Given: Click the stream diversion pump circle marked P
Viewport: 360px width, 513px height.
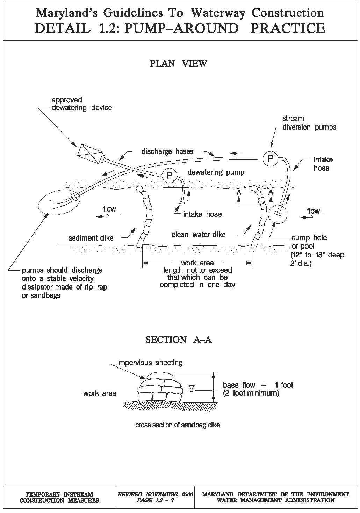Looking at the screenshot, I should pyautogui.click(x=270, y=159).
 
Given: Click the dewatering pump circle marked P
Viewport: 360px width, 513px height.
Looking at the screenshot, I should pyautogui.click(x=170, y=174).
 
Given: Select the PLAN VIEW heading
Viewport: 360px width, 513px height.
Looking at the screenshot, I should pyautogui.click(x=178, y=64).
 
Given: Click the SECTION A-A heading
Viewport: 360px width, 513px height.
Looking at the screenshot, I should pyautogui.click(x=179, y=340).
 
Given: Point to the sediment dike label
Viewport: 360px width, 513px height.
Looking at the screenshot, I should pyautogui.click(x=91, y=238).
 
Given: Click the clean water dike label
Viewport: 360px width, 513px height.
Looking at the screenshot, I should pyautogui.click(x=199, y=235).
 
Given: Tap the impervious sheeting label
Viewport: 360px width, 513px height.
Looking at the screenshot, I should pyautogui.click(x=150, y=363).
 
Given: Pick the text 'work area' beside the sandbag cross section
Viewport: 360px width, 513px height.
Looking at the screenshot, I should pyautogui.click(x=100, y=393).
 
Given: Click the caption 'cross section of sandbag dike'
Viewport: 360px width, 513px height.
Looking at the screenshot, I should pyautogui.click(x=178, y=425).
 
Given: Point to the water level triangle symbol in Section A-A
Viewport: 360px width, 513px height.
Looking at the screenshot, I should pyautogui.click(x=191, y=387).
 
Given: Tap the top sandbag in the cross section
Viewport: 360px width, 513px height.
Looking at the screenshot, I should pyautogui.click(x=160, y=376).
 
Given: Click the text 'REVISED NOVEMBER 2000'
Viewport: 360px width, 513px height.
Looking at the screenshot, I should pyautogui.click(x=155, y=494).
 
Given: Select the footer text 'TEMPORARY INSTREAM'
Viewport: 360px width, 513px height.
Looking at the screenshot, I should pyautogui.click(x=59, y=494).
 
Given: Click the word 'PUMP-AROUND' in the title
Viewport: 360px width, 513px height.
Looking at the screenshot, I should pyautogui.click(x=181, y=28).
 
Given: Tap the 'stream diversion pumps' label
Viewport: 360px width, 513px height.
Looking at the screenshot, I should pyautogui.click(x=309, y=123).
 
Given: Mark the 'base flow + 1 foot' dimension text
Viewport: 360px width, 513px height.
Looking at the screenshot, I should pyautogui.click(x=258, y=385).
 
